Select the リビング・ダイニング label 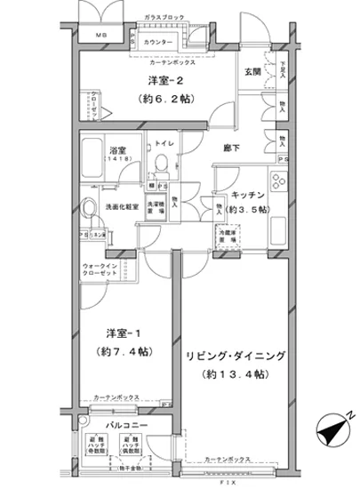click(236, 357)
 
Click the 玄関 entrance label click(252, 74)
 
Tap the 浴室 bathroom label click(118, 151)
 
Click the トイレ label click(165, 141)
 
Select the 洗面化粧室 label click(120, 207)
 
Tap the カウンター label click(157, 43)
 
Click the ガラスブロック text click(164, 18)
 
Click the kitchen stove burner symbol click(276, 185)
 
